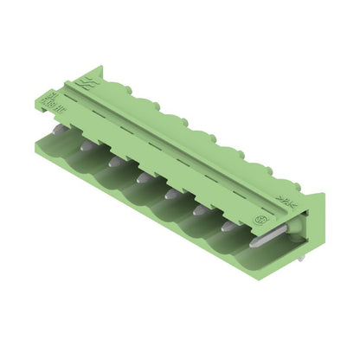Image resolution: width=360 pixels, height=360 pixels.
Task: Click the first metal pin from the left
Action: point(57,129)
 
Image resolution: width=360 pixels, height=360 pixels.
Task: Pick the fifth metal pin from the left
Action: point(171,194)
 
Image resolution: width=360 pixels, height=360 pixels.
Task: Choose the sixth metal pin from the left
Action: point(200,210)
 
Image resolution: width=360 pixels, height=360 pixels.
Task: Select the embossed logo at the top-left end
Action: point(87,83)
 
